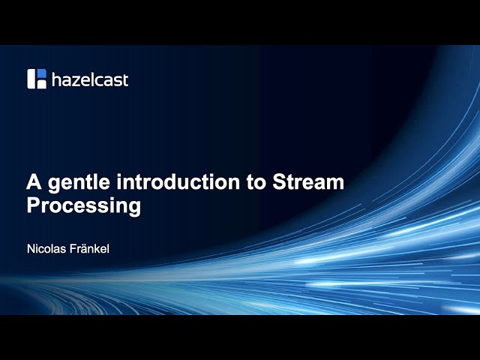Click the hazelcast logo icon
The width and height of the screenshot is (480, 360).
pyautogui.click(x=37, y=79)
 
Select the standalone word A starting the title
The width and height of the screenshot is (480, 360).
pyautogui.click(x=34, y=182)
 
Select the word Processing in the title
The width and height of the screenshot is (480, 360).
pyautogui.click(x=84, y=206)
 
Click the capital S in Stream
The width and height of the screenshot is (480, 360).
pyautogui.click(x=280, y=182)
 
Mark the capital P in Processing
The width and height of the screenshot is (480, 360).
pyautogui.click(x=34, y=205)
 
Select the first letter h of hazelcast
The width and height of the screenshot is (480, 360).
pyautogui.click(x=55, y=79)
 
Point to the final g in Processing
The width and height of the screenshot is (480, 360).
pyautogui.click(x=134, y=208)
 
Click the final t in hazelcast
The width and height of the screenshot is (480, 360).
pyautogui.click(x=125, y=79)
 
